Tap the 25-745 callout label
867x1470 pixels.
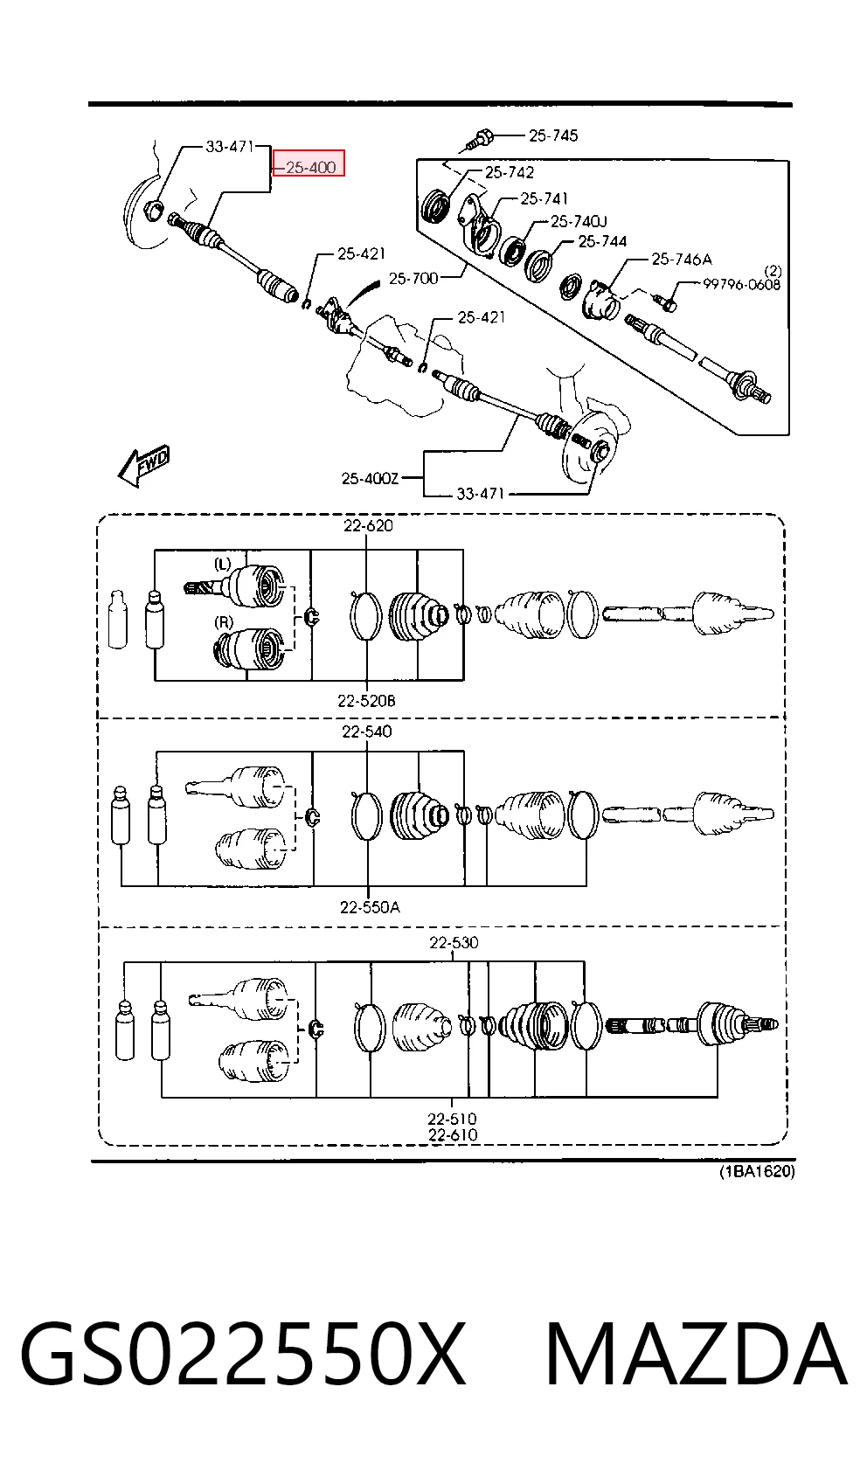coord(553,135)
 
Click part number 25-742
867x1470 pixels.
coord(510,172)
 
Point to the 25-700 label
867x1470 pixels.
coord(413,278)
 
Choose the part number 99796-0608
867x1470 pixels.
coord(742,284)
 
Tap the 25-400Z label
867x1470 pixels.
coord(370,478)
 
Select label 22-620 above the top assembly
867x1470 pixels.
coord(368,525)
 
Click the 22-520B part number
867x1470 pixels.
coord(367,701)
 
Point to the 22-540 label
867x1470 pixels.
coord(367,731)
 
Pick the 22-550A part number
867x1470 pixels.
coord(371,907)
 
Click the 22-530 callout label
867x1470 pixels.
coord(454,942)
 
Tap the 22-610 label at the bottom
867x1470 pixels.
coord(453,1134)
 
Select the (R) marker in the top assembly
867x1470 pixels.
coord(224,621)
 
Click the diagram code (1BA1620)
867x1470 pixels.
coord(758,1171)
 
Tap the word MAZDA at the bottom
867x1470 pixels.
coord(696,1355)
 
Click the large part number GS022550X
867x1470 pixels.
coord(243,1355)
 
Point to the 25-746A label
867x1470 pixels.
coord(682,260)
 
